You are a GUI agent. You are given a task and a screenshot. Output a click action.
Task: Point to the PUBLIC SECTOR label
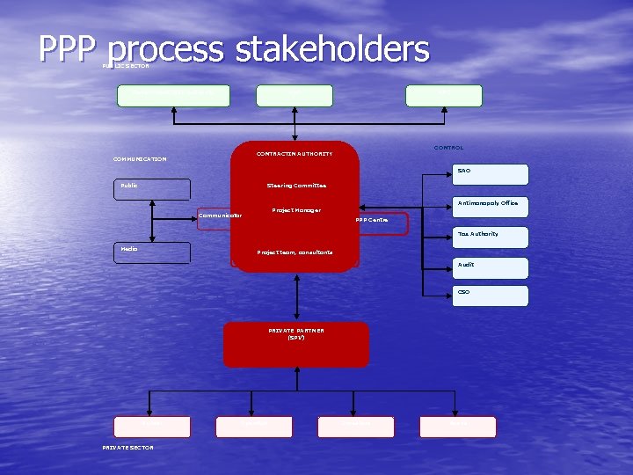pyautogui.click(x=126, y=66)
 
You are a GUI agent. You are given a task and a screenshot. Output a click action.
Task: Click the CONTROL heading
pyautogui.click(x=448, y=148)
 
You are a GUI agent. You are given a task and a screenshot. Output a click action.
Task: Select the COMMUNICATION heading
pyautogui.click(x=140, y=159)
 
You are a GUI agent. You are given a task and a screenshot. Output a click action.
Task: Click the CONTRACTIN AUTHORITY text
pyautogui.click(x=295, y=154)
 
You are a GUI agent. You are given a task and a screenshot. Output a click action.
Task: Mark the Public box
pyautogui.click(x=151, y=189)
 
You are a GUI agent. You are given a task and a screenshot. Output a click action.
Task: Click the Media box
pyautogui.click(x=151, y=252)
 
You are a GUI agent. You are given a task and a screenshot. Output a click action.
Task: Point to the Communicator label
pyautogui.click(x=220, y=216)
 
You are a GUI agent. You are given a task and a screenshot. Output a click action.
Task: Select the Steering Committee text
pyautogui.click(x=296, y=186)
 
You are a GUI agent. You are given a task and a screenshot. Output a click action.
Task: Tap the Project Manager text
pyautogui.click(x=296, y=210)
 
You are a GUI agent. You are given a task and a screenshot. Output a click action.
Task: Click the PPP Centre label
pyautogui.click(x=372, y=220)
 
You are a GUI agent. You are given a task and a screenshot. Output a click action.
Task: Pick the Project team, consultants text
pyautogui.click(x=295, y=252)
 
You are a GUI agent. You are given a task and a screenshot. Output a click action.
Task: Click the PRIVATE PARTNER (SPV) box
pyautogui.click(x=295, y=344)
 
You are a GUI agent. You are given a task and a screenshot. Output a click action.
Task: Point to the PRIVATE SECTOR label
pyautogui.click(x=127, y=448)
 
